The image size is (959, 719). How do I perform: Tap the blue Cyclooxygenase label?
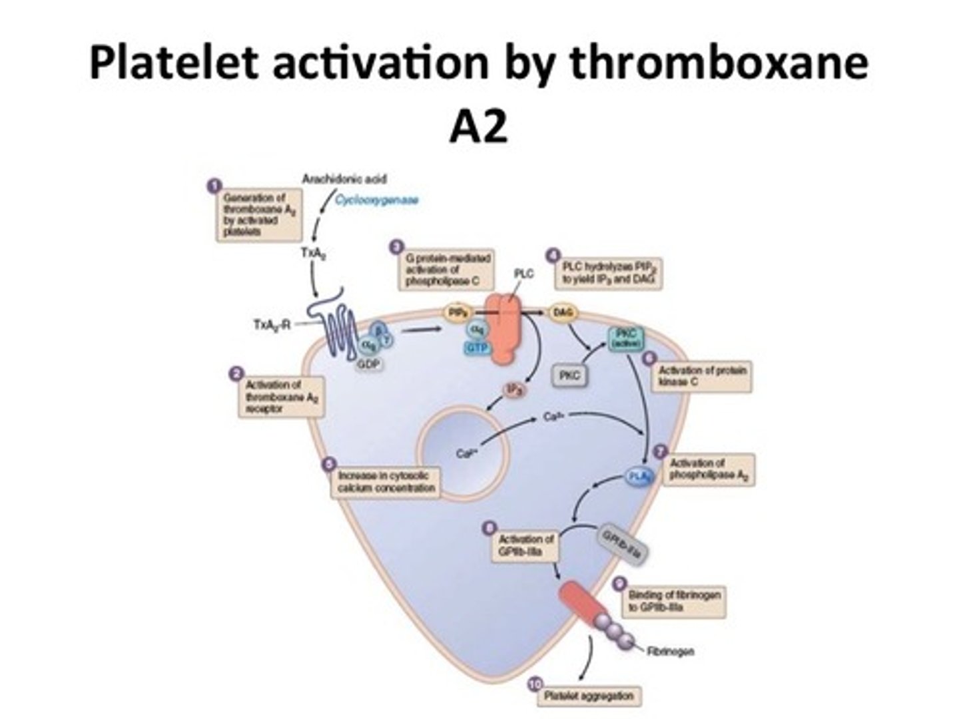377,199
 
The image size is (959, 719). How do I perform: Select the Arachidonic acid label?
344,178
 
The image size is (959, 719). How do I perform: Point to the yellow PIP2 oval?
457,312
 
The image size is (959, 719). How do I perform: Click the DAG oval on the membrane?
563,312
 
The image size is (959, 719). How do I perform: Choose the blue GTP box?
478,348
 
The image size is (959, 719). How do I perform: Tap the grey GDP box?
368,365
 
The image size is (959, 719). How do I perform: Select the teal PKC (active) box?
625,338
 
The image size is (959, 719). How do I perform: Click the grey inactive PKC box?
569,375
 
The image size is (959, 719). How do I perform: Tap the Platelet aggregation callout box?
589,696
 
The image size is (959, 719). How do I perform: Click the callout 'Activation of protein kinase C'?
702,376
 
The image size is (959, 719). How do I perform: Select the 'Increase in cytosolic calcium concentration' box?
386,482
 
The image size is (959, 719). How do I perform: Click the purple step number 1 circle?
214,186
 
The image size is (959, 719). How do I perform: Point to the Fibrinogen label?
670,650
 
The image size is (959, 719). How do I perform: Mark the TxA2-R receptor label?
272,324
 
